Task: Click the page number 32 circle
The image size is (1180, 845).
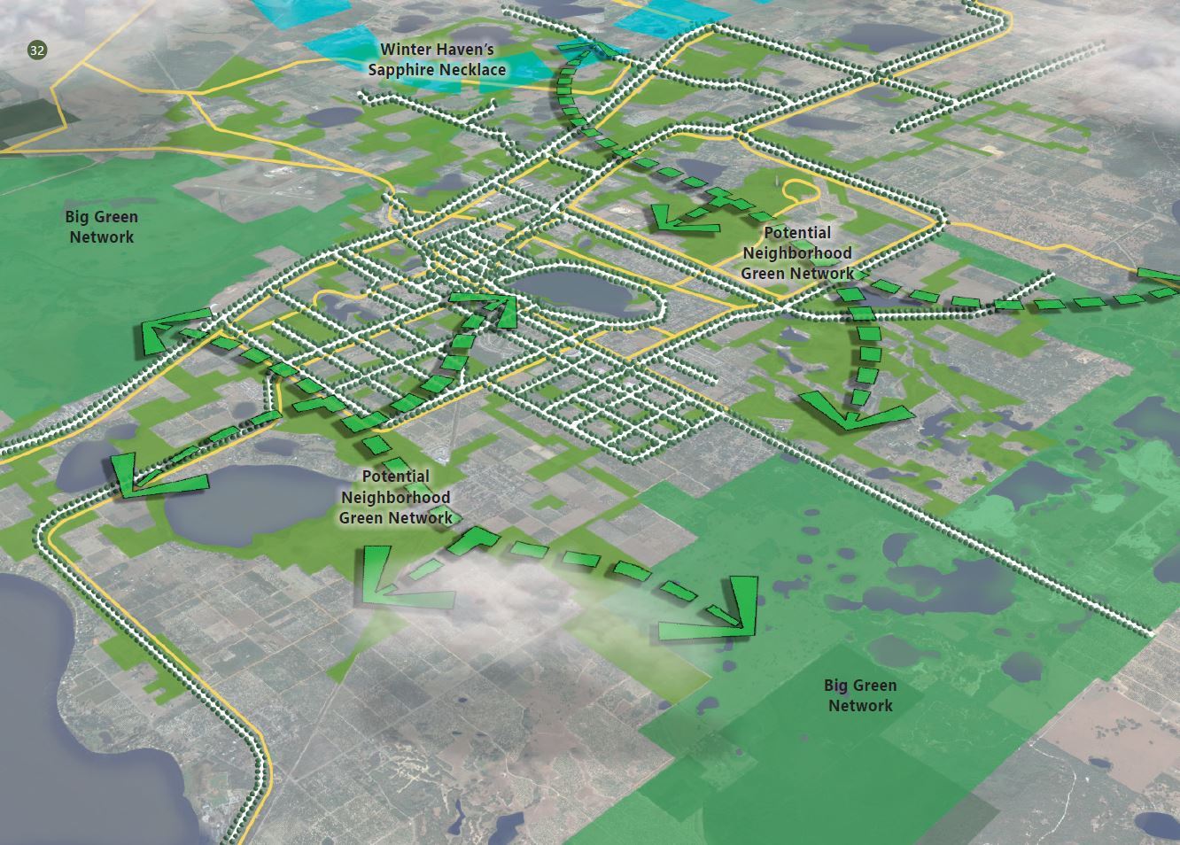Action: click(x=36, y=50)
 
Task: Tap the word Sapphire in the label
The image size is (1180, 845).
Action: click(x=403, y=70)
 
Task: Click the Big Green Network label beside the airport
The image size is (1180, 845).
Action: click(x=101, y=227)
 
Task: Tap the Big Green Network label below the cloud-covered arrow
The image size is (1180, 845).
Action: click(x=859, y=695)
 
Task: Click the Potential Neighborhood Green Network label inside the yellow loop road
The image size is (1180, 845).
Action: click(x=796, y=252)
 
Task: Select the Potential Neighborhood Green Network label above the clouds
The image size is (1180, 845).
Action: click(x=395, y=497)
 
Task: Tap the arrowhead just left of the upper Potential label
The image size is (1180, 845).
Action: click(x=682, y=218)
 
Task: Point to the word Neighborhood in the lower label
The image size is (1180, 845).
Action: click(x=395, y=498)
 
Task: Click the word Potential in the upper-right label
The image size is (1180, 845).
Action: click(x=797, y=233)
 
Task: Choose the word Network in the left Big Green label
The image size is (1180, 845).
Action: click(x=101, y=237)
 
